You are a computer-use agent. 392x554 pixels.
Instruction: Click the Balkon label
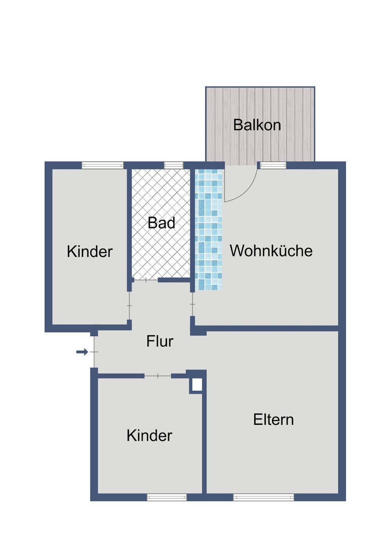click(257, 125)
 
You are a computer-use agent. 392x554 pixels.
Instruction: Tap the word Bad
click(161, 223)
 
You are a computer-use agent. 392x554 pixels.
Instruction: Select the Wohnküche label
click(271, 251)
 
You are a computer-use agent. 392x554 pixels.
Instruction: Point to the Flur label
click(160, 341)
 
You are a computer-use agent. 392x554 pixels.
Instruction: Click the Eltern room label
click(273, 420)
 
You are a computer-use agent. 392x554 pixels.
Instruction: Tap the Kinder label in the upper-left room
click(89, 252)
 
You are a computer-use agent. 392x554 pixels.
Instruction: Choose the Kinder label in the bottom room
click(149, 436)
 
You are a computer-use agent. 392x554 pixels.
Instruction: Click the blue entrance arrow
click(82, 352)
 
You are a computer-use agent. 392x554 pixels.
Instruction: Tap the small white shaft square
click(197, 385)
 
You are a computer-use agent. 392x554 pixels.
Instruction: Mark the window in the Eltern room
click(263, 497)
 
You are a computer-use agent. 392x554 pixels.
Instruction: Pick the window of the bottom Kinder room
click(167, 497)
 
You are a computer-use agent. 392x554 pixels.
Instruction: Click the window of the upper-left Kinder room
click(102, 165)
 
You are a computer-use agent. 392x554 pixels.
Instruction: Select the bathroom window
click(173, 165)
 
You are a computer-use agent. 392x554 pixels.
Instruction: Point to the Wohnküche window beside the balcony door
click(273, 165)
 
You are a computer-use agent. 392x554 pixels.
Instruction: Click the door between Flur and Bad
click(145, 280)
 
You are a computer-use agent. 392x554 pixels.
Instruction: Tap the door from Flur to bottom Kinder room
click(158, 376)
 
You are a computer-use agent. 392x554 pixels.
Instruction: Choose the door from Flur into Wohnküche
click(192, 304)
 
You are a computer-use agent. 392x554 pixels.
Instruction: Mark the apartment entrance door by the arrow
click(94, 352)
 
